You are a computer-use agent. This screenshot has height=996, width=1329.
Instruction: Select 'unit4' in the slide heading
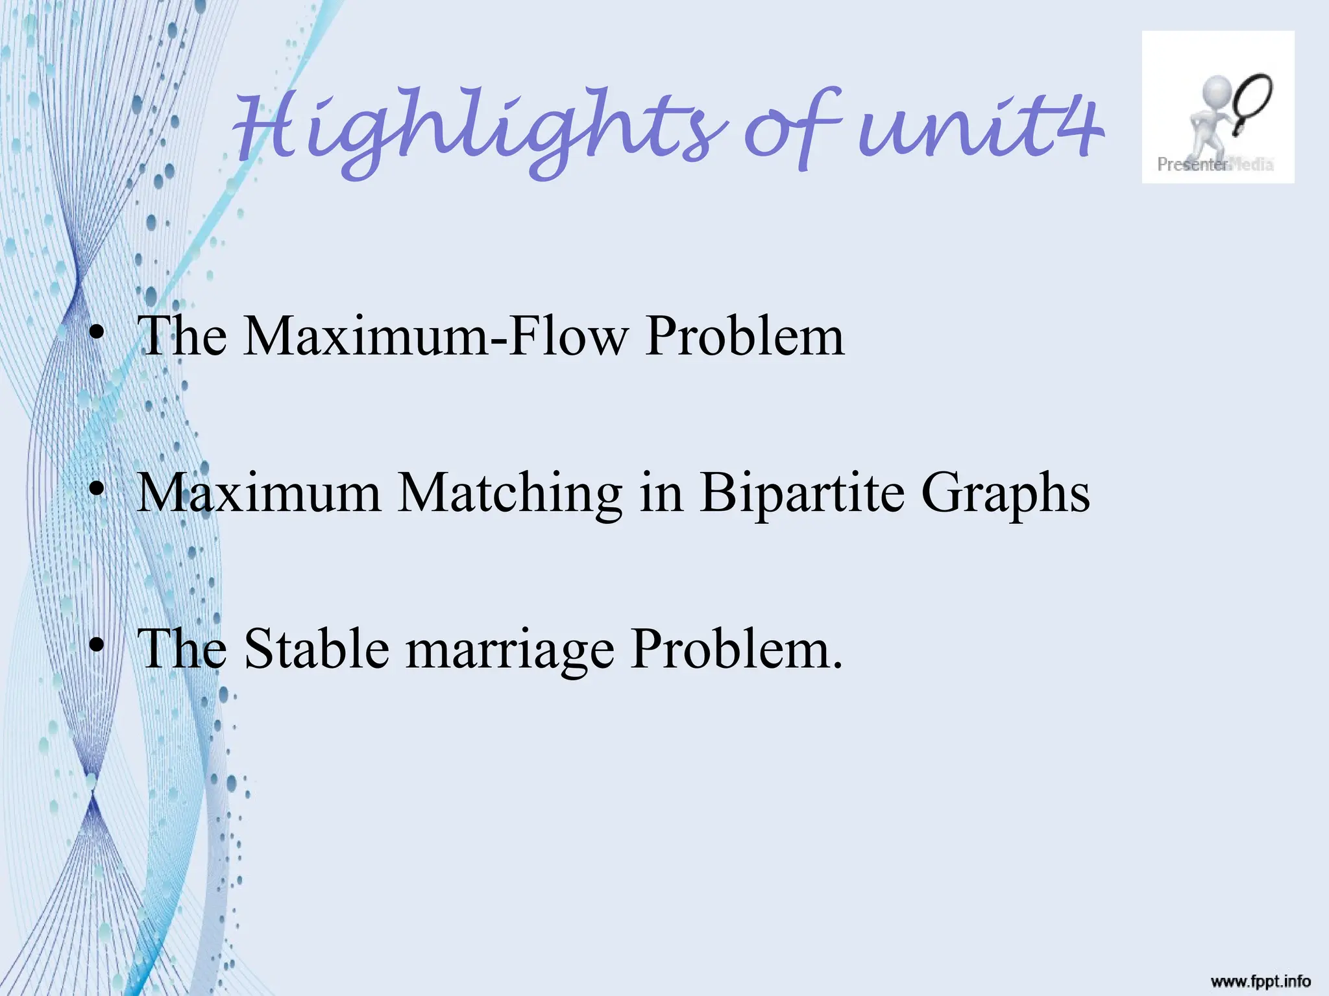980,130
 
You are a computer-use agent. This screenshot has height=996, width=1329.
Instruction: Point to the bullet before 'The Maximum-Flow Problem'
97,335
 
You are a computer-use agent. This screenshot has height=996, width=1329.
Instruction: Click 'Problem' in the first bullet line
744,337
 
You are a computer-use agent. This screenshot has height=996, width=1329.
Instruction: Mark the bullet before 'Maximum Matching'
97,491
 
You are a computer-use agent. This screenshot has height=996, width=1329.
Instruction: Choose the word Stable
317,649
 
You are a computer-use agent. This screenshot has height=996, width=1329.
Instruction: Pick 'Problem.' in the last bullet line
737,649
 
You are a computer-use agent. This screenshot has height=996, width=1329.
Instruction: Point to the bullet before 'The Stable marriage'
97,646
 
